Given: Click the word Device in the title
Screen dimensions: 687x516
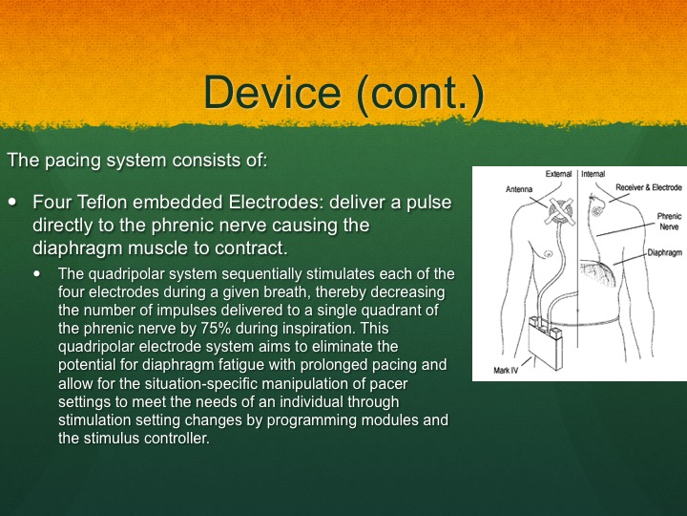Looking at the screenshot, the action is [x=272, y=92].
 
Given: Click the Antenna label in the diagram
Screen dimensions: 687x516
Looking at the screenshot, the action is [x=519, y=189].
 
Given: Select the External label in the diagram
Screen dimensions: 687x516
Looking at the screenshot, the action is [x=558, y=174].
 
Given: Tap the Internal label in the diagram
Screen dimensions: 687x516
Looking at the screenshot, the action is [x=593, y=174].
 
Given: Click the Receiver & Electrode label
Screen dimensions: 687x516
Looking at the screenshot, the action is [x=649, y=187].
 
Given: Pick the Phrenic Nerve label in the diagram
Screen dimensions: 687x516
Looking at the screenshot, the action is [x=670, y=222].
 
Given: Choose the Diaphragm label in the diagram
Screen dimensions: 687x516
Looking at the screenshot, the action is [x=665, y=252].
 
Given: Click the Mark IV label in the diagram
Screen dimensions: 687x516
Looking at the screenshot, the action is [x=506, y=371].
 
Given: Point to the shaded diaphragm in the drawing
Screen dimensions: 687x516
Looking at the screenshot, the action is [x=597, y=272].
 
